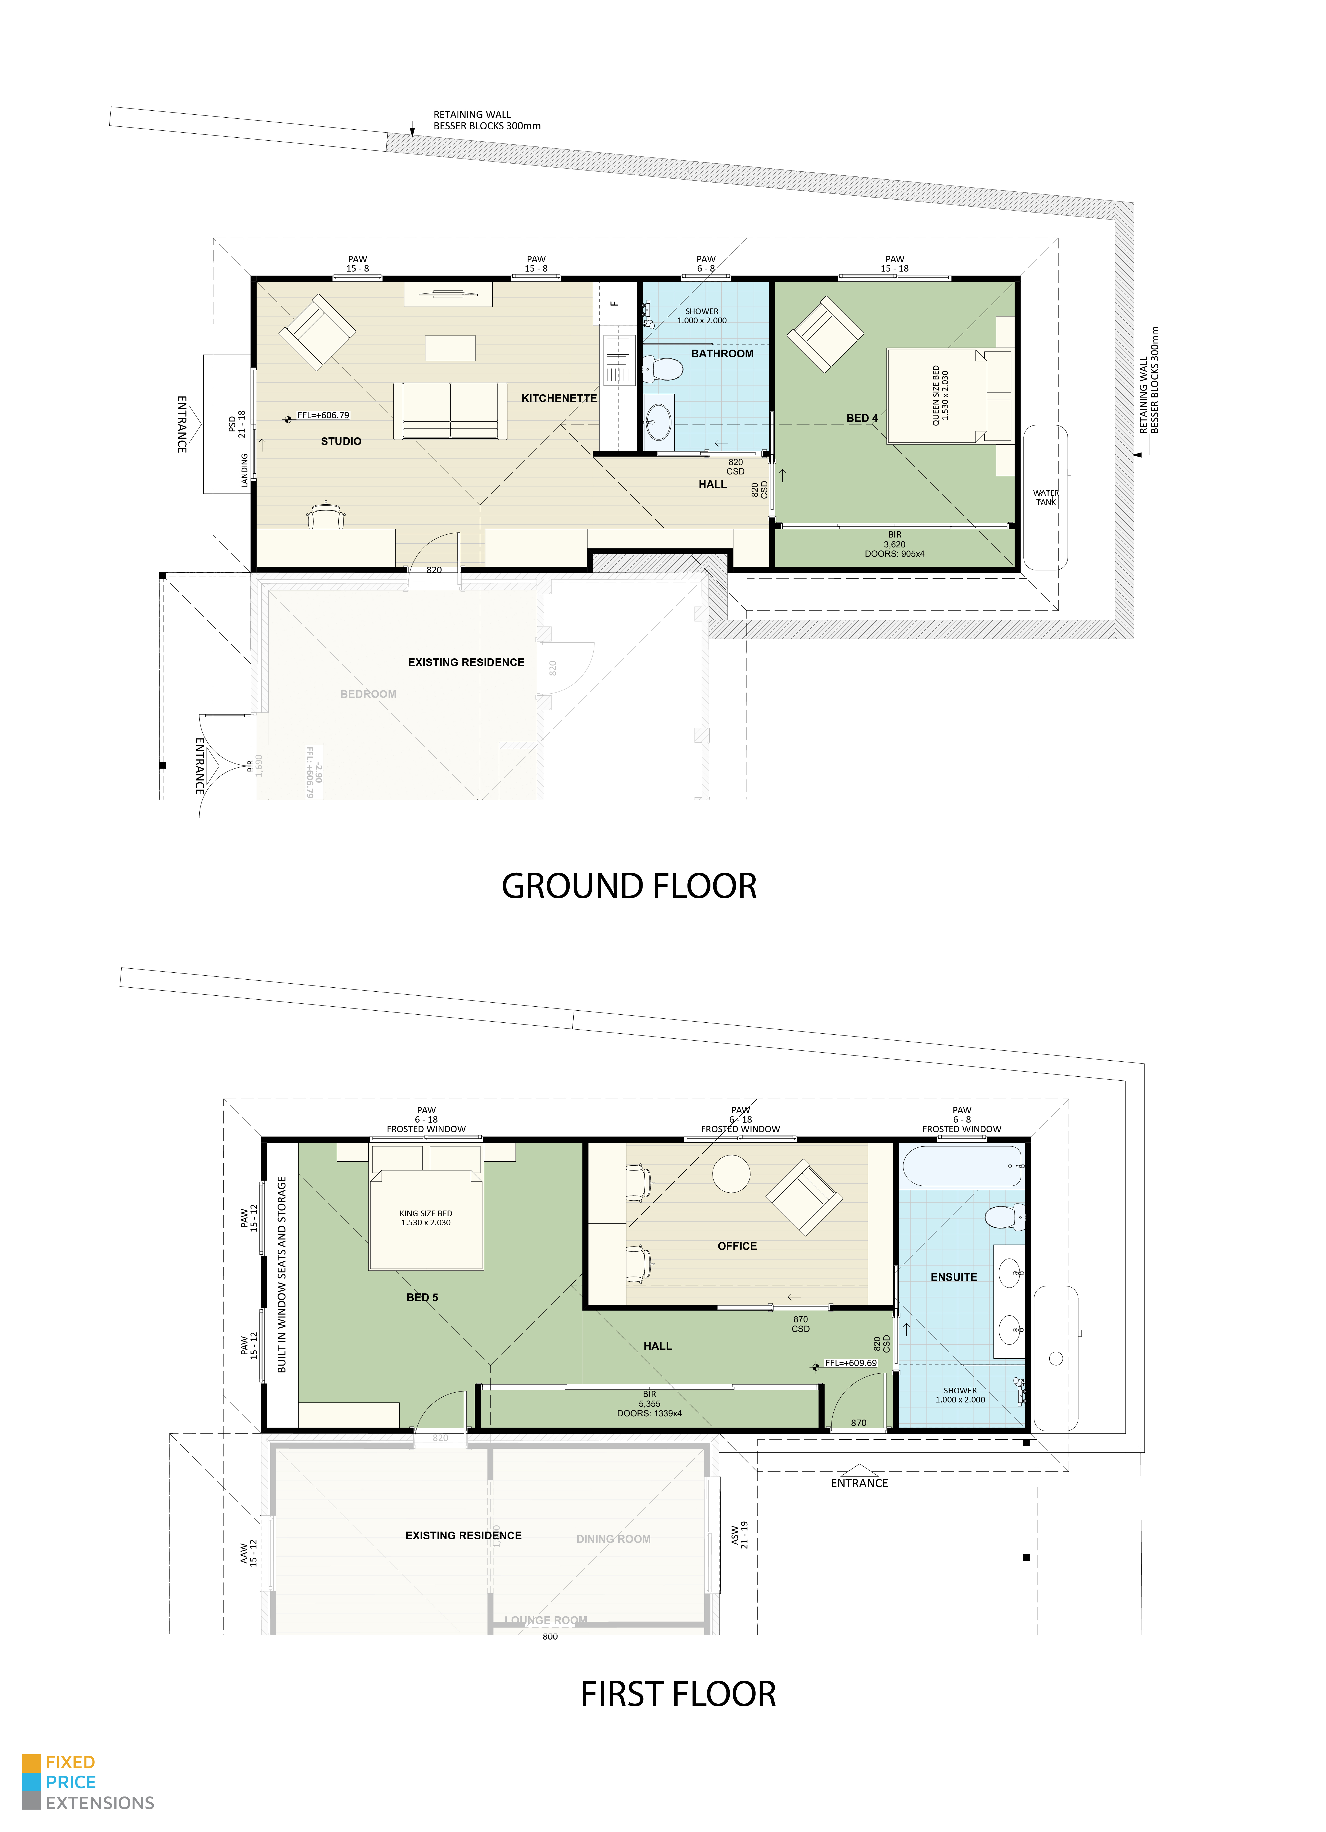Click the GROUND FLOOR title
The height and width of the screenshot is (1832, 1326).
click(629, 886)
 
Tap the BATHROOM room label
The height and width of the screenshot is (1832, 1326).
click(722, 354)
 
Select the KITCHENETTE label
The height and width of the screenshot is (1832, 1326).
click(559, 398)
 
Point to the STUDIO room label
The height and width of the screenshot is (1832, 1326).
click(341, 441)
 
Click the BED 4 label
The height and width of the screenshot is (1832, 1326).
click(862, 418)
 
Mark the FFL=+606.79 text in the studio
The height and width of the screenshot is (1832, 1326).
click(323, 415)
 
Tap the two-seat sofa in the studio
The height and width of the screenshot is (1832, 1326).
click(450, 410)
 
